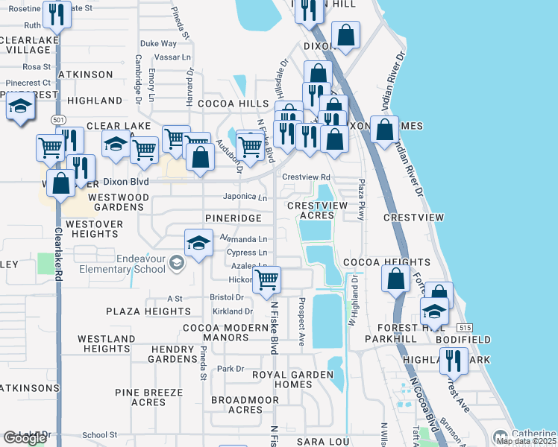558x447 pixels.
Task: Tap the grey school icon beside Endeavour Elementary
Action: pyautogui.click(x=176, y=261)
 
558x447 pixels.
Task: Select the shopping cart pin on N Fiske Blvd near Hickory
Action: pyautogui.click(x=266, y=281)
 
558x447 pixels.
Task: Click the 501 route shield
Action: pyautogui.click(x=58, y=120)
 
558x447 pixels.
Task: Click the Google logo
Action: pyautogui.click(x=25, y=438)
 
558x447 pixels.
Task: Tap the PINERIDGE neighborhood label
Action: pyautogui.click(x=234, y=218)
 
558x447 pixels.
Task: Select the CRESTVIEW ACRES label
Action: pyautogui.click(x=311, y=210)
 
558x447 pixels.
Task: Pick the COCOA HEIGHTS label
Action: pyautogui.click(x=386, y=262)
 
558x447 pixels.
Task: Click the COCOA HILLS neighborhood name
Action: pyautogui.click(x=242, y=104)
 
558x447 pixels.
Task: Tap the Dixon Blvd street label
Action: pyautogui.click(x=125, y=182)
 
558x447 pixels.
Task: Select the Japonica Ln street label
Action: pyautogui.click(x=245, y=197)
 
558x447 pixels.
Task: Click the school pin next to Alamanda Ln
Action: pyautogui.click(x=198, y=243)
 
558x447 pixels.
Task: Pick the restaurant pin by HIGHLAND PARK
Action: pyautogui.click(x=452, y=361)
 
